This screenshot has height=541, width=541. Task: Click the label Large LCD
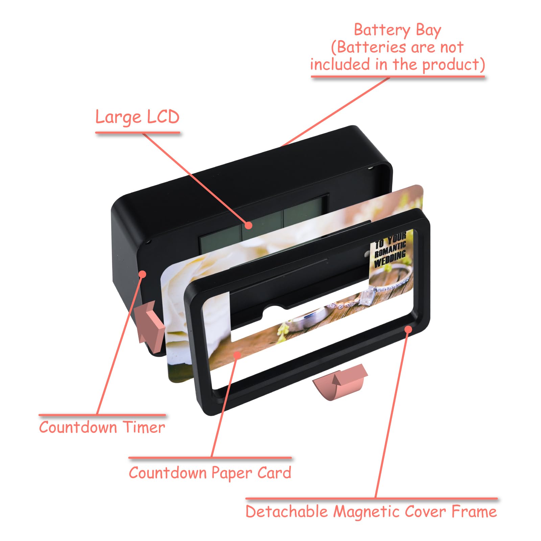point(137,117)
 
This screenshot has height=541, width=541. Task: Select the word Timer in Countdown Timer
point(144,427)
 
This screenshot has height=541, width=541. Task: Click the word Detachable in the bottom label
point(286,511)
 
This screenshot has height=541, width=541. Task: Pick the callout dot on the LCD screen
point(249,225)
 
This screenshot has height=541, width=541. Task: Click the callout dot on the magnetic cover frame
point(408,329)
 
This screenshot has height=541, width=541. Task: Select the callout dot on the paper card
point(237,355)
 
